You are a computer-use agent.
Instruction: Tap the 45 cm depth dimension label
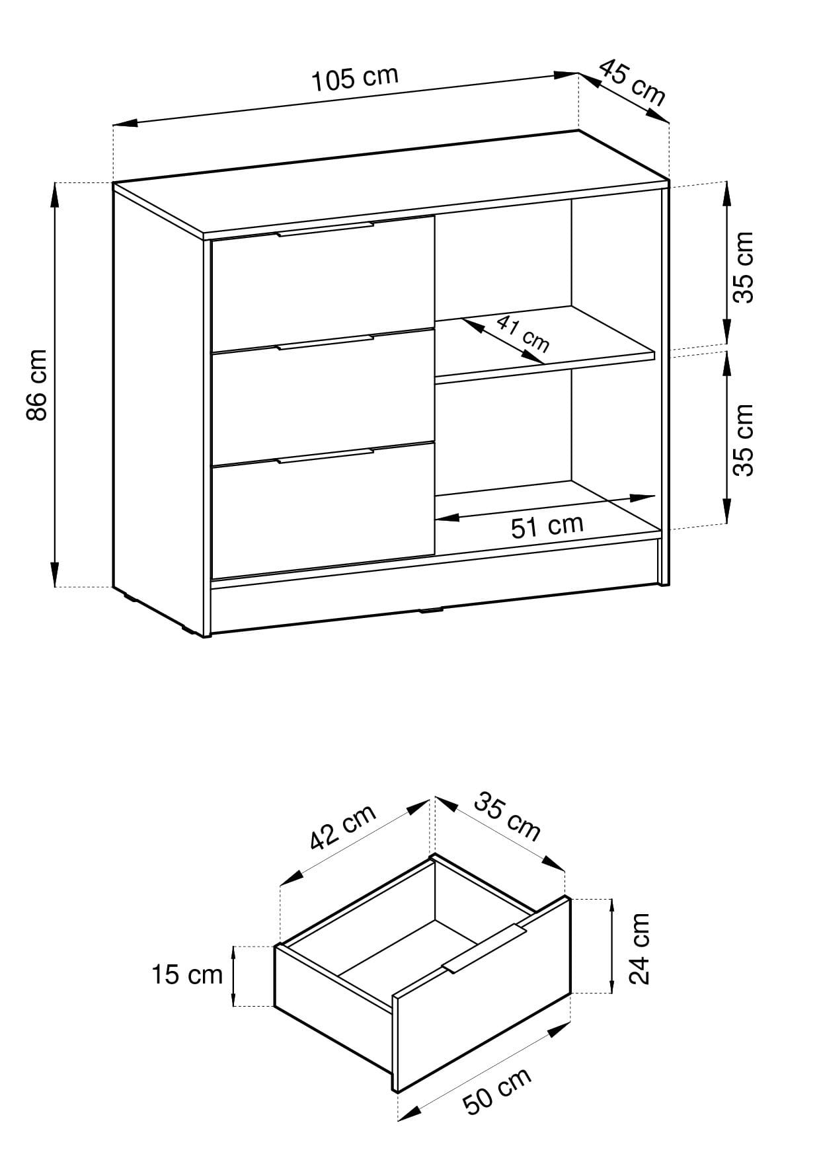(632, 82)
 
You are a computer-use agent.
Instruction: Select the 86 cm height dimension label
(37, 385)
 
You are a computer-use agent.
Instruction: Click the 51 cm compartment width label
(547, 526)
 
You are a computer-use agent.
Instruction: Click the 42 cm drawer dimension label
(343, 826)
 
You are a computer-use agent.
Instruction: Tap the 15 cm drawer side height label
(188, 975)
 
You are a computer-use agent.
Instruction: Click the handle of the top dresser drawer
(325, 229)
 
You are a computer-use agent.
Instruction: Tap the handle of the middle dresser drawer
(325, 342)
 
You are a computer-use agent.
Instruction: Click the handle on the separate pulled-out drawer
(485, 948)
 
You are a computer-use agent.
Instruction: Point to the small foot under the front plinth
(432, 610)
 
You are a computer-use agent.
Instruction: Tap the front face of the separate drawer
(481, 994)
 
